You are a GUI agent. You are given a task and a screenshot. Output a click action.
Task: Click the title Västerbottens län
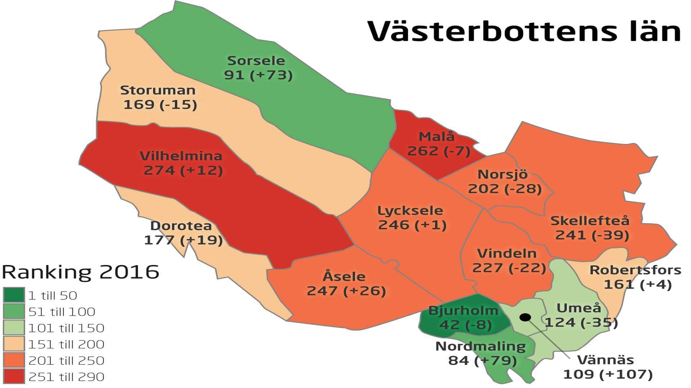[524, 31]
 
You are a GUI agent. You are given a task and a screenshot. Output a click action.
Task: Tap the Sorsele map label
[256, 60]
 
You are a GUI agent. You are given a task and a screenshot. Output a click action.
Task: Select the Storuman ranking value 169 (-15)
[160, 105]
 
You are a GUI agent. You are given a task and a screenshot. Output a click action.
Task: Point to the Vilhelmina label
[181, 156]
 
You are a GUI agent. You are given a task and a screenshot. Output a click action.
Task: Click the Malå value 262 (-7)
[439, 151]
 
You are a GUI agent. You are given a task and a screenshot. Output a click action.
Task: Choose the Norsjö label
[502, 174]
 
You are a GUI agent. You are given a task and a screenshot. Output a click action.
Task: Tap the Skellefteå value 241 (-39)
[592, 235]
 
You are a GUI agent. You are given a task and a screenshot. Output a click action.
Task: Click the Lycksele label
[410, 210]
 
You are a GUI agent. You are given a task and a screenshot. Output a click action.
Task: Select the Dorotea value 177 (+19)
[183, 240]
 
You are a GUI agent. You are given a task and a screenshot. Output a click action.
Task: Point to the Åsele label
[344, 276]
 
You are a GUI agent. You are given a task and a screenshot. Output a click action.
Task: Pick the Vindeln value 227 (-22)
[509, 268]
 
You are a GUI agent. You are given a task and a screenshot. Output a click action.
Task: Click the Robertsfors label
[635, 270]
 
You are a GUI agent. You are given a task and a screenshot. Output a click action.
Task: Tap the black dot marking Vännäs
[525, 317]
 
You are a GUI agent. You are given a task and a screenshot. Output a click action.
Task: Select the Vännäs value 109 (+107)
[608, 374]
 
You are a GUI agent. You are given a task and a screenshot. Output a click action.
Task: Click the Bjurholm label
[463, 310]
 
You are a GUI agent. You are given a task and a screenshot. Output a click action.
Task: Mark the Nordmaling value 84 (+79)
[482, 360]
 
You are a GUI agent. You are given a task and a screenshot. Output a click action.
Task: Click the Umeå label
[579, 308]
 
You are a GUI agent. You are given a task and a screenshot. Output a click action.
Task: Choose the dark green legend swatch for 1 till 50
[14, 295]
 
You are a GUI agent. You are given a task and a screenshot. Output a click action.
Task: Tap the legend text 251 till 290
[66, 377]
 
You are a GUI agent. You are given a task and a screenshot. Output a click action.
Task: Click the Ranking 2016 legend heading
[80, 272]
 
